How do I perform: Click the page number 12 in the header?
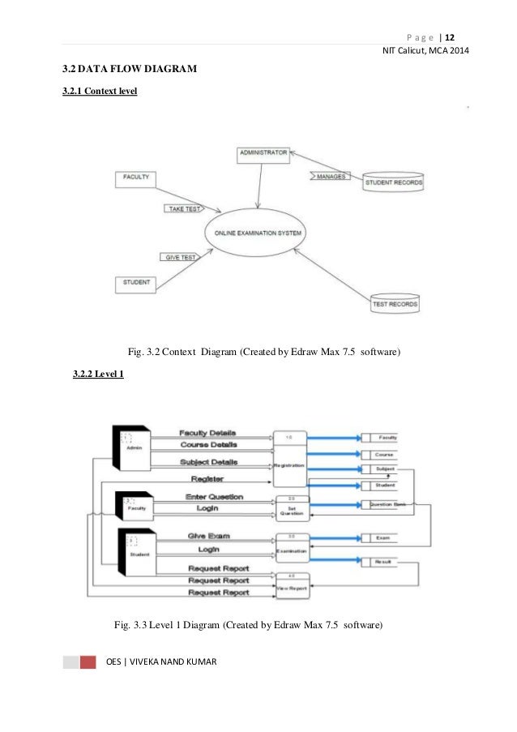coord(450,37)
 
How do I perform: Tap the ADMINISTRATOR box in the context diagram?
coord(263,152)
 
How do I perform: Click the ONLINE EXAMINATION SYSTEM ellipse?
coord(258,233)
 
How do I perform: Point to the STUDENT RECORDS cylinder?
coord(393,182)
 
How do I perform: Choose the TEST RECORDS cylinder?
coord(395,305)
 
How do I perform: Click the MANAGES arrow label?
coord(329,176)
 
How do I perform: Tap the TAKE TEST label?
coord(185,209)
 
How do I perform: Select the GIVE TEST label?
coord(180,257)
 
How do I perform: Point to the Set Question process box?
coord(291,507)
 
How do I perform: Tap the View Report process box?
coord(291,585)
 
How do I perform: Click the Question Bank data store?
coord(387,504)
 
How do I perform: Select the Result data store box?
coord(383,562)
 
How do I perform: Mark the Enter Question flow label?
coord(214,497)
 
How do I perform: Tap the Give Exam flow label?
coord(210,537)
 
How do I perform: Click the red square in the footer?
coord(88,662)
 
